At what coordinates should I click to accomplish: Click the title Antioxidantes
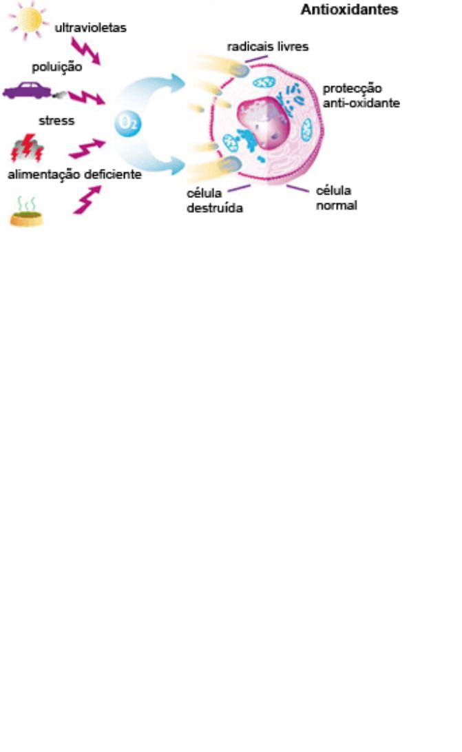click(x=349, y=10)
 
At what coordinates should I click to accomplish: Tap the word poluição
click(x=57, y=67)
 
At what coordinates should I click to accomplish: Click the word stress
click(x=57, y=121)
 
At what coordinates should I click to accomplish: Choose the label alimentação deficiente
click(x=74, y=174)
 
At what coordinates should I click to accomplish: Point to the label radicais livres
click(x=269, y=47)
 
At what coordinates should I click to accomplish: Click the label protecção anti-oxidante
click(x=361, y=96)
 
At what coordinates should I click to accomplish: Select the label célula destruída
click(x=214, y=201)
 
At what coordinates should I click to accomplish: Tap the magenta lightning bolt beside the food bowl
click(x=87, y=200)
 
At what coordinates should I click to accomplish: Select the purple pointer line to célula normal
click(x=297, y=188)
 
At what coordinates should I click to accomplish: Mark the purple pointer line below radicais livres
click(x=256, y=60)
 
